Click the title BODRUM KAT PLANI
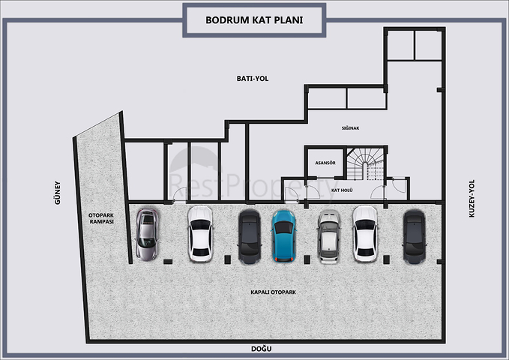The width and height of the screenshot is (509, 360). tap(254, 20)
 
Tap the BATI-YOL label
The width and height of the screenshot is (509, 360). tap(253, 79)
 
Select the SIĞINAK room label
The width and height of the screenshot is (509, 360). tap(350, 128)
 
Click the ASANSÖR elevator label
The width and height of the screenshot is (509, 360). tap(325, 163)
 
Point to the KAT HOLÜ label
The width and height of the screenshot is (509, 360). tap(342, 190)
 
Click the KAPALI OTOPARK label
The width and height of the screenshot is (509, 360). tap(274, 292)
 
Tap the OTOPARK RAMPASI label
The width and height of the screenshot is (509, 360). tap(101, 218)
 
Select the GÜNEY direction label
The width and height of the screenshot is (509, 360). tap(58, 193)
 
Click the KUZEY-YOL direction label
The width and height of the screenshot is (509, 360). tap(472, 198)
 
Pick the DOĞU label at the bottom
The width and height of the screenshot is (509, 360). tap(262, 349)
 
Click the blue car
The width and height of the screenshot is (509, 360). tap(283, 235)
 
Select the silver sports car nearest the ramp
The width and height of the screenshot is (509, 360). tap(147, 234)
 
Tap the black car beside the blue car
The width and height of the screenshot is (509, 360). tap(250, 236)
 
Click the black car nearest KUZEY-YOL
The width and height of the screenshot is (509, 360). tap(415, 236)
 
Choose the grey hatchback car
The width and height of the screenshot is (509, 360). tap(329, 236)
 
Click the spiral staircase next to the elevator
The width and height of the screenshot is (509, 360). tap(365, 163)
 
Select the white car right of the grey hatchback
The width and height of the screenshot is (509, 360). tap(365, 234)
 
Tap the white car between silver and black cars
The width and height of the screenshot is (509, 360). tap(200, 234)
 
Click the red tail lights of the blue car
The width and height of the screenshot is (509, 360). tap(283, 259)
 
